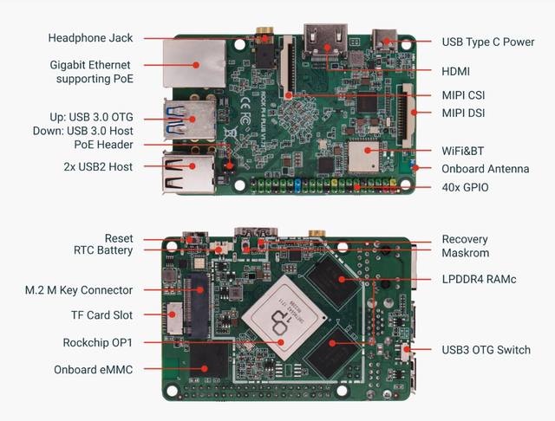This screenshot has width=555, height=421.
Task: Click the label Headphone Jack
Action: [90, 38]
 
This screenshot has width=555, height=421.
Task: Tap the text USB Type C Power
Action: [487, 42]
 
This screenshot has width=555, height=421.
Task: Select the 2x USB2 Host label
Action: [98, 165]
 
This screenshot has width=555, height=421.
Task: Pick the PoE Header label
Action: [103, 145]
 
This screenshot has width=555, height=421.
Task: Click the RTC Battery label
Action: [103, 250]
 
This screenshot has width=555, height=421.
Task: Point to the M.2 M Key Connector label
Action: [79, 289]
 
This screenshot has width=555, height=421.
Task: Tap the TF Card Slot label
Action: [101, 315]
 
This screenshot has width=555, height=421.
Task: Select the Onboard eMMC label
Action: [91, 369]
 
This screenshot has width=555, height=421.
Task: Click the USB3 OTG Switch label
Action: [486, 350]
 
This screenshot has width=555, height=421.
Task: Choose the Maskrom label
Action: [466, 253]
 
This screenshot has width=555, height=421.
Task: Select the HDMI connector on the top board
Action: [327, 42]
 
